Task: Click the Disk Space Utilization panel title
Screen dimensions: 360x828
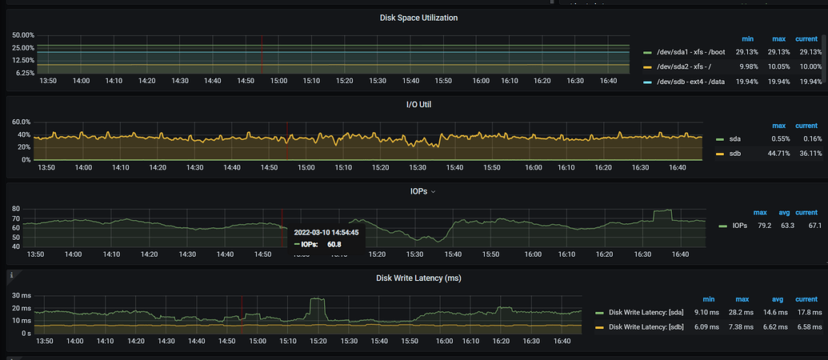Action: (x=418, y=18)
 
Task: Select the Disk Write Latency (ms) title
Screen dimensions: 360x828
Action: (x=418, y=278)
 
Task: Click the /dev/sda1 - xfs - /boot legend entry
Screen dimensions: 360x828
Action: (x=690, y=52)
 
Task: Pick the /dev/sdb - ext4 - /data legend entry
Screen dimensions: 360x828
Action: (x=690, y=82)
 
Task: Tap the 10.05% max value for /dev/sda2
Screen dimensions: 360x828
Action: (x=778, y=67)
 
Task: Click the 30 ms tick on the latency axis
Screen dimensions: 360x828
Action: (x=21, y=296)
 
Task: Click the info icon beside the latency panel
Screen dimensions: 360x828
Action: (x=11, y=274)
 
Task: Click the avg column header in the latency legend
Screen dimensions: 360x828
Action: (x=778, y=299)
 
